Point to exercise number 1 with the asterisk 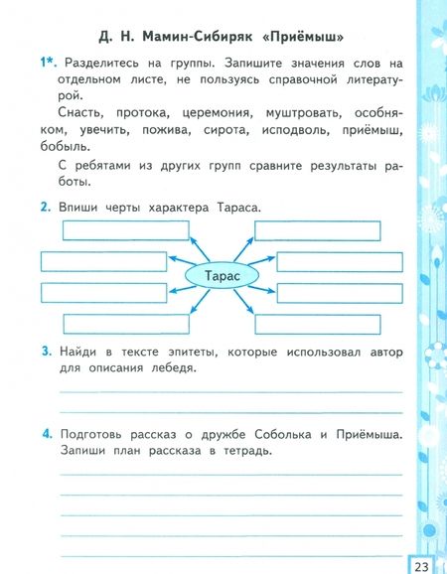(x=47, y=63)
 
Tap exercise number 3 (x=46, y=351)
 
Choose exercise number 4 (x=46, y=433)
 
